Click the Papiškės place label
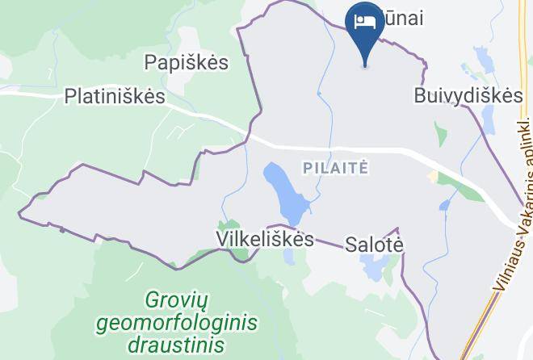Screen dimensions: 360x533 click(186, 62)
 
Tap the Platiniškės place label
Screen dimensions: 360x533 click(115, 97)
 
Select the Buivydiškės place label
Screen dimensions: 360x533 click(468, 95)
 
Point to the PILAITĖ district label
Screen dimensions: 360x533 click(336, 168)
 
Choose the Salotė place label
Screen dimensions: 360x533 click(373, 244)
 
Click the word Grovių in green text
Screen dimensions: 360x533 click(177, 301)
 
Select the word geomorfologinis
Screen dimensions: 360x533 click(176, 324)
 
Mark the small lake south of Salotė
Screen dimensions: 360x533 click(375, 265)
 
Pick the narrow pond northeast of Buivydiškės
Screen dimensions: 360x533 click(484, 61)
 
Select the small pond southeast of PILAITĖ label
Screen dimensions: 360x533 click(444, 205)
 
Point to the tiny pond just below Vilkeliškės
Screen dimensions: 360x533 click(289, 256)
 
